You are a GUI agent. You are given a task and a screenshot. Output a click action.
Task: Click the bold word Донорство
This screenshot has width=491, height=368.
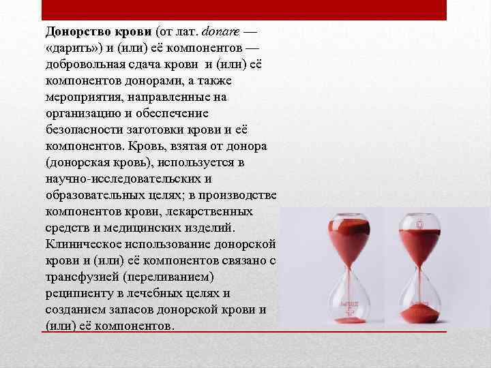pyautogui.click(x=74, y=32)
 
